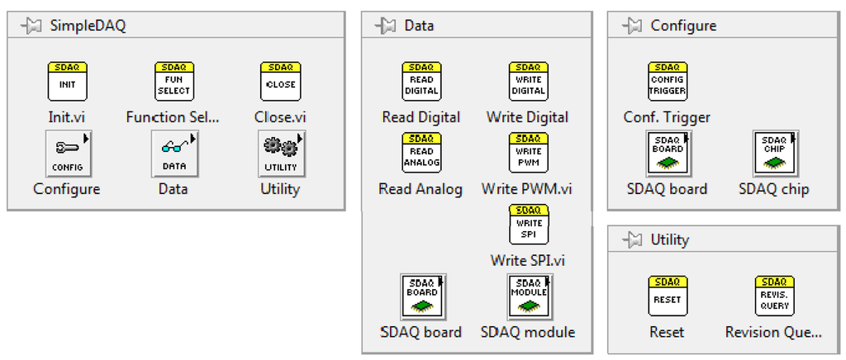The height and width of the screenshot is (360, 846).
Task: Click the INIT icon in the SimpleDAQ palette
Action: [67, 82]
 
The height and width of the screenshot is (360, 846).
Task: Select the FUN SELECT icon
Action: [173, 82]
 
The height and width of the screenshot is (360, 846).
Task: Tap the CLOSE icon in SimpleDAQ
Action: [279, 82]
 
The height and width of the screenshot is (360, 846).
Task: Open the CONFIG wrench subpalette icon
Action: [67, 154]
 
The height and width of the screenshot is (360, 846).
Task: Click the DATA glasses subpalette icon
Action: [173, 154]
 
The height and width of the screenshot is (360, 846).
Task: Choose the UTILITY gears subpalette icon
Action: [280, 154]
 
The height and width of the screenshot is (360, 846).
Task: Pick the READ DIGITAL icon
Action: [421, 82]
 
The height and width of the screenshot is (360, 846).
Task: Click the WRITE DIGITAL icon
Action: [528, 82]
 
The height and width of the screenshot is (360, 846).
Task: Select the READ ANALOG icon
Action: [421, 154]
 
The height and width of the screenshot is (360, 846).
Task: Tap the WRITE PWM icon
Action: [528, 154]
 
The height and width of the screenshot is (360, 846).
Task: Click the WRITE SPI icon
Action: [528, 225]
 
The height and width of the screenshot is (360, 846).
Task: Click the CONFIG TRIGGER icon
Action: [667, 82]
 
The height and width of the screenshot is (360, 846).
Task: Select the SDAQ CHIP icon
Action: [773, 154]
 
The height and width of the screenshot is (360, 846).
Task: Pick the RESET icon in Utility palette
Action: [667, 296]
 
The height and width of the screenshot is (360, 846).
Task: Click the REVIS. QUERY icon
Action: [773, 296]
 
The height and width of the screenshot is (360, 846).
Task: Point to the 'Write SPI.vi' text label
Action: [528, 260]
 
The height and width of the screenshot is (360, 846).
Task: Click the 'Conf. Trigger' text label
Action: [667, 117]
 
